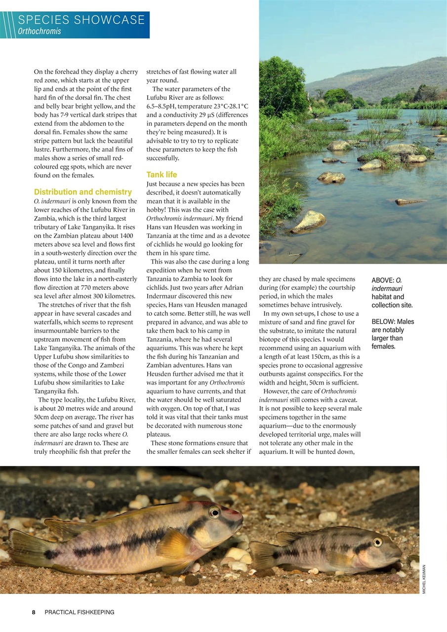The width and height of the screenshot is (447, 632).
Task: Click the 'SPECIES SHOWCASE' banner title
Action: tap(81, 20)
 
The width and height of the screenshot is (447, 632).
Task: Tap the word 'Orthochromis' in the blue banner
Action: tap(40, 31)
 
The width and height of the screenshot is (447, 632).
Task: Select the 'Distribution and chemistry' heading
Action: tap(83, 192)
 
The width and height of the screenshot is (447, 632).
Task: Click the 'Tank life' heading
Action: tap(162, 174)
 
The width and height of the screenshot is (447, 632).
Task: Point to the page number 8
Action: tap(34, 612)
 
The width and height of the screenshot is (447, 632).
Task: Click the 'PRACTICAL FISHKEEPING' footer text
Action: tap(80, 612)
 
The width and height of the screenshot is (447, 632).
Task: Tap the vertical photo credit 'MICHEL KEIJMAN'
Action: tap(424, 578)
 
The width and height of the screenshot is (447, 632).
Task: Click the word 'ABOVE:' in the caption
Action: tap(382, 280)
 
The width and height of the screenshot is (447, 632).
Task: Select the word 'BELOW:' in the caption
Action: tap(383, 321)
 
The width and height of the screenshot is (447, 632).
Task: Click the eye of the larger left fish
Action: tap(214, 512)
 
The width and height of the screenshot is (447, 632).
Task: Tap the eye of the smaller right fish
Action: tap(377, 542)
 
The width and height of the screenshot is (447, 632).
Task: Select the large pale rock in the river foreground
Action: tap(309, 221)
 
